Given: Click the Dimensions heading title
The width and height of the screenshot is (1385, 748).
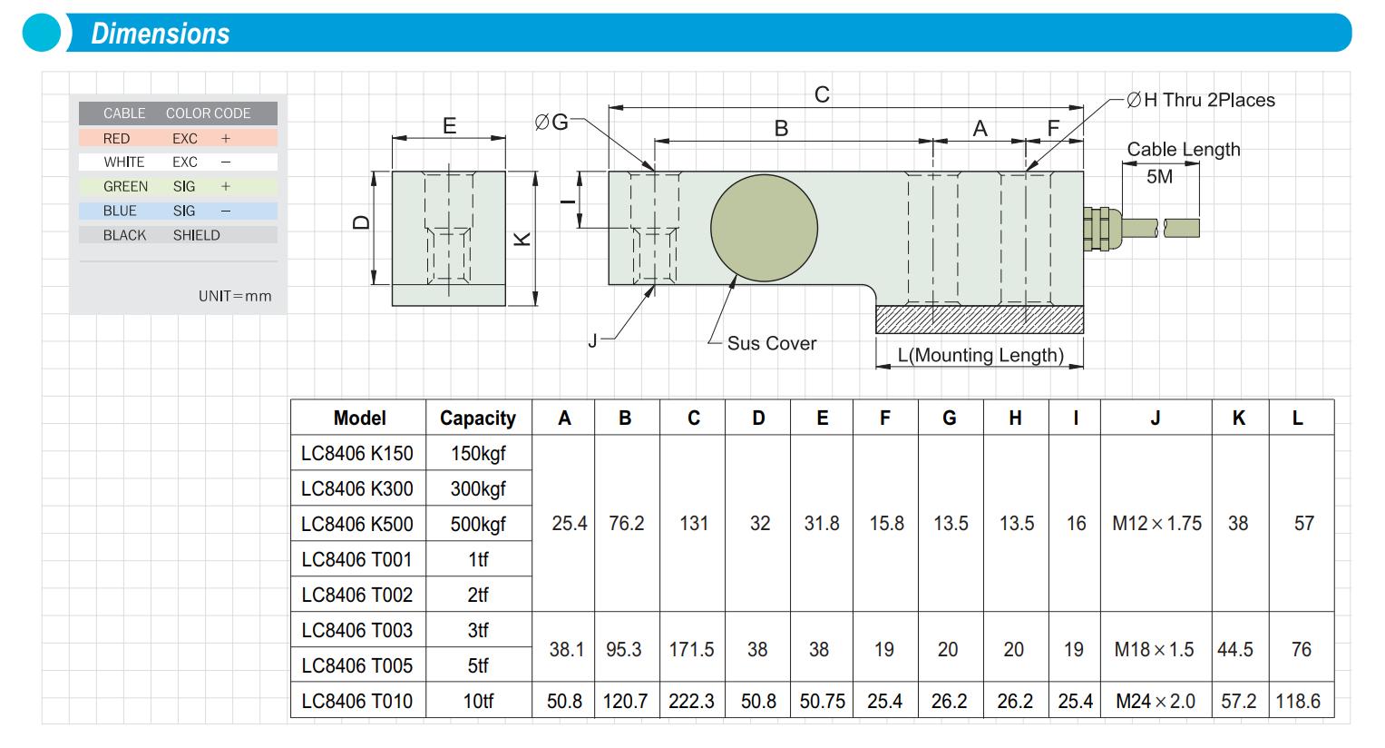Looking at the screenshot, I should [161, 34].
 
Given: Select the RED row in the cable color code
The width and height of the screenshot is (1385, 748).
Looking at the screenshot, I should [178, 138].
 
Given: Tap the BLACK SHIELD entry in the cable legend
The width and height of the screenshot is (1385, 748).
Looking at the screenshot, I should [178, 235].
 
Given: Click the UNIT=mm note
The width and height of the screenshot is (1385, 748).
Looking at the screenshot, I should [235, 296].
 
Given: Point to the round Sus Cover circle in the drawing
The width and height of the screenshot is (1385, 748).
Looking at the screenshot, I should [764, 227].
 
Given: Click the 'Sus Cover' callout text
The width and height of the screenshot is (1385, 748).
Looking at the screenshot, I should [771, 343].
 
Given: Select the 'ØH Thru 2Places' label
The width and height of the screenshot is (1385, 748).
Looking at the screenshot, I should [1200, 101].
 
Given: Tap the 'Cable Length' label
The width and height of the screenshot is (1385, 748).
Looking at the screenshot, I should [1183, 149].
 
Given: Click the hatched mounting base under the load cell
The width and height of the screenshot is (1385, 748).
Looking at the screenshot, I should [979, 320].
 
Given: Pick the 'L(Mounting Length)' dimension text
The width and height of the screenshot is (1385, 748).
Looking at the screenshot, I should [980, 355].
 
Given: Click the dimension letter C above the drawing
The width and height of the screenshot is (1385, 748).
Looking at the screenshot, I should [822, 94].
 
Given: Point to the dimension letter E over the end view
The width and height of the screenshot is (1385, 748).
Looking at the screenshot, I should [449, 126].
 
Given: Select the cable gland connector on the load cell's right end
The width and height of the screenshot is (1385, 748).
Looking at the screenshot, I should [1097, 227].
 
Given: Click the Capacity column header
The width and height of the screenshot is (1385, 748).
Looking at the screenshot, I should [478, 418].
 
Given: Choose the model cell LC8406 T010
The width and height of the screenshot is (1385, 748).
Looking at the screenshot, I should [357, 701].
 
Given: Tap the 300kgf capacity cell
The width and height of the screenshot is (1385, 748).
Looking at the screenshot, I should [478, 488].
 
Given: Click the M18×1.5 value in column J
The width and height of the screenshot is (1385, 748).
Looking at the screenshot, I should [1154, 649].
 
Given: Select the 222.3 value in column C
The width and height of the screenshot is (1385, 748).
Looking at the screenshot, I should [691, 701].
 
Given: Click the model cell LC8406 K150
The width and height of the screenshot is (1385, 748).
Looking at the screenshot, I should [357, 453].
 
